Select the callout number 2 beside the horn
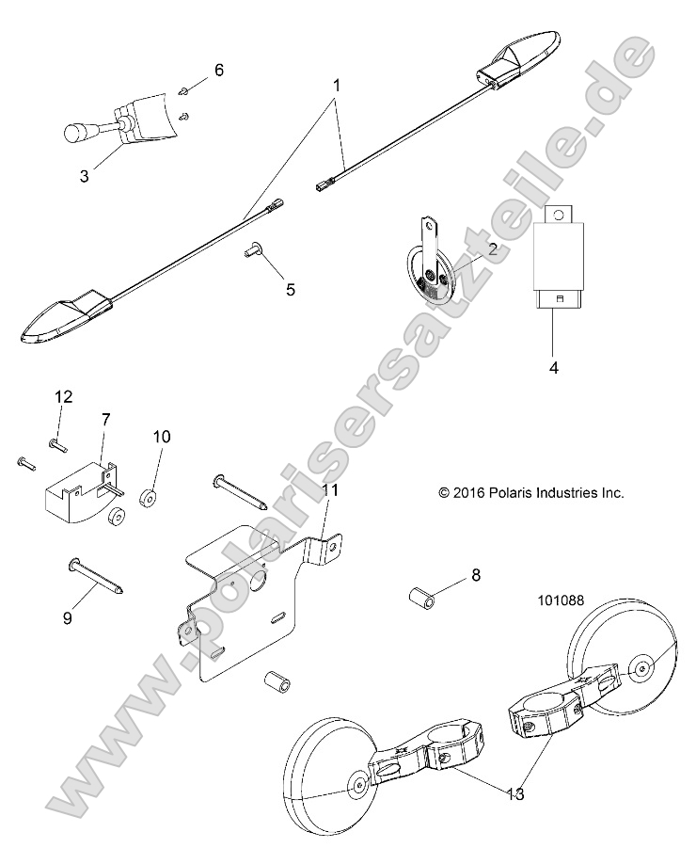[465, 249]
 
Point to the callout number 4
[553, 367]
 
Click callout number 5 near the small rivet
[290, 289]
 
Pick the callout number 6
[219, 70]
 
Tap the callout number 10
[162, 436]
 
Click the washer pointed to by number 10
[147, 496]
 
